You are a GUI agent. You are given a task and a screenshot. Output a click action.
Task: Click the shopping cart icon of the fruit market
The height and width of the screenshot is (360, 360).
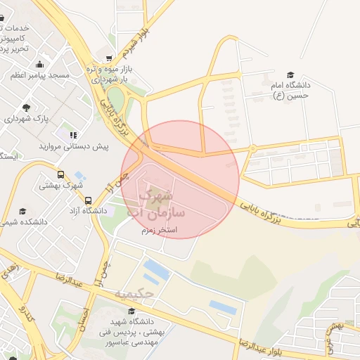[108, 59]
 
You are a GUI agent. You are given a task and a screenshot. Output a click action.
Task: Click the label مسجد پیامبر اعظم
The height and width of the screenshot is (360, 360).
[39, 75]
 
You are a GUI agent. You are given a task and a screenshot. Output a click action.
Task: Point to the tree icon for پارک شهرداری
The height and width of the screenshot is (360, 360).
[27, 108]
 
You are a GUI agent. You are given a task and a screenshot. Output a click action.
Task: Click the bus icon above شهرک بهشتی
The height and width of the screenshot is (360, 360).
[60, 174]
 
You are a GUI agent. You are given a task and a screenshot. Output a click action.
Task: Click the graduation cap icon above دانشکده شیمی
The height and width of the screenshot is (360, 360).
[22, 211]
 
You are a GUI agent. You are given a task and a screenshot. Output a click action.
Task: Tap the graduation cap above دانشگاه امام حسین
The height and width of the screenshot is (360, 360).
[290, 75]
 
